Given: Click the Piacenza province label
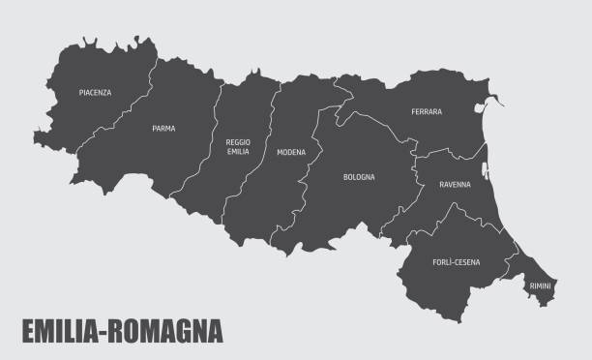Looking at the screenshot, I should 95,93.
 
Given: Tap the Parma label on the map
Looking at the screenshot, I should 163,128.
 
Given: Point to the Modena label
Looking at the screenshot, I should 290,152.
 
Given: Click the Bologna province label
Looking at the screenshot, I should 358,177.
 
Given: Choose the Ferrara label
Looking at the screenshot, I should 426,111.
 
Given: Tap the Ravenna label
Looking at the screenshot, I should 455,184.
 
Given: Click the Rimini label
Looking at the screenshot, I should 540,285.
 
